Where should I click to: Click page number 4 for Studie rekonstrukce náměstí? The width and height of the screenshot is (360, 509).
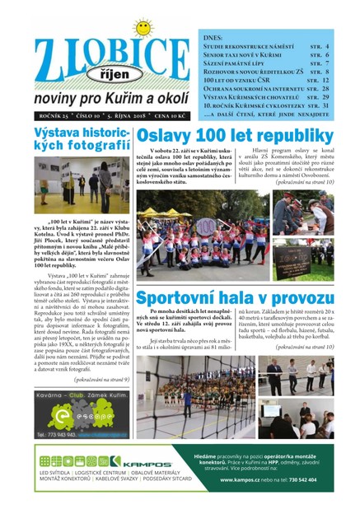327,47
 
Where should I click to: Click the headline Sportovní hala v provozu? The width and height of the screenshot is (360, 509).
234,297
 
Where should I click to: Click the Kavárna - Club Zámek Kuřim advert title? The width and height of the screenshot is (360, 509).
82,398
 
